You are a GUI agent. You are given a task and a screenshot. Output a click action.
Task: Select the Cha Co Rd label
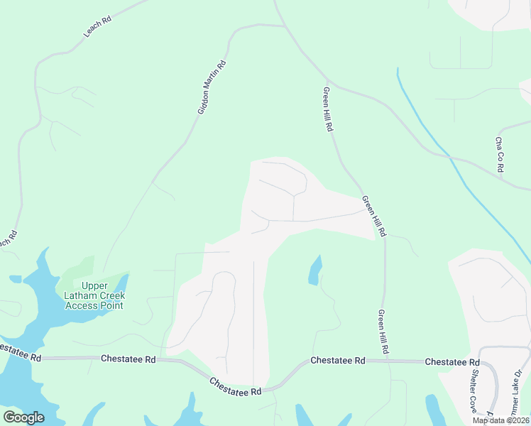click(x=500, y=155)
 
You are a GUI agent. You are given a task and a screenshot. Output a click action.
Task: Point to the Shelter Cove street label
click(x=473, y=391)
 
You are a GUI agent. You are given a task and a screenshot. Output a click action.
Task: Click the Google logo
click(x=23, y=417)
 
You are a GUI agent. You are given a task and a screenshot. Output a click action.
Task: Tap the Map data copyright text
click(x=500, y=420)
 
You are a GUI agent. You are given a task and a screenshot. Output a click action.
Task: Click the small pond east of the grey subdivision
click(x=314, y=271)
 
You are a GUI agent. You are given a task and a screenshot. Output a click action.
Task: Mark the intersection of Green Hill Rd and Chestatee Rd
click(x=385, y=361)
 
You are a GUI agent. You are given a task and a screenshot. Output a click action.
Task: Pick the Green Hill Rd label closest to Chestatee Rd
click(x=383, y=332)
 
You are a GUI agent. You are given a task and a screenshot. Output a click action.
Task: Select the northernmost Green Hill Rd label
click(x=328, y=109)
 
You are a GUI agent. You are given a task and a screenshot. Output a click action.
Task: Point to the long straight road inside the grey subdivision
click(x=253, y=319)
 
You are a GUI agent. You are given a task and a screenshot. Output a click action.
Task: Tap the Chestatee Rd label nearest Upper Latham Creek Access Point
click(x=128, y=359)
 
